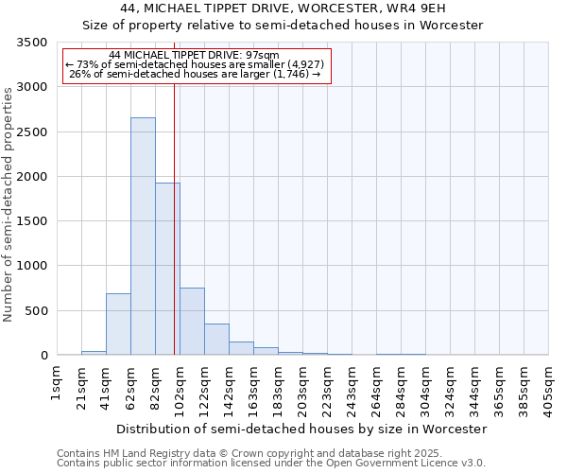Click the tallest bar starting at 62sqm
[x=143, y=236]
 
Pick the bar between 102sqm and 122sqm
[x=192, y=322]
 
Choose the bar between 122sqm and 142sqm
[x=216, y=340]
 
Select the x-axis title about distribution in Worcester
[x=301, y=429]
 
